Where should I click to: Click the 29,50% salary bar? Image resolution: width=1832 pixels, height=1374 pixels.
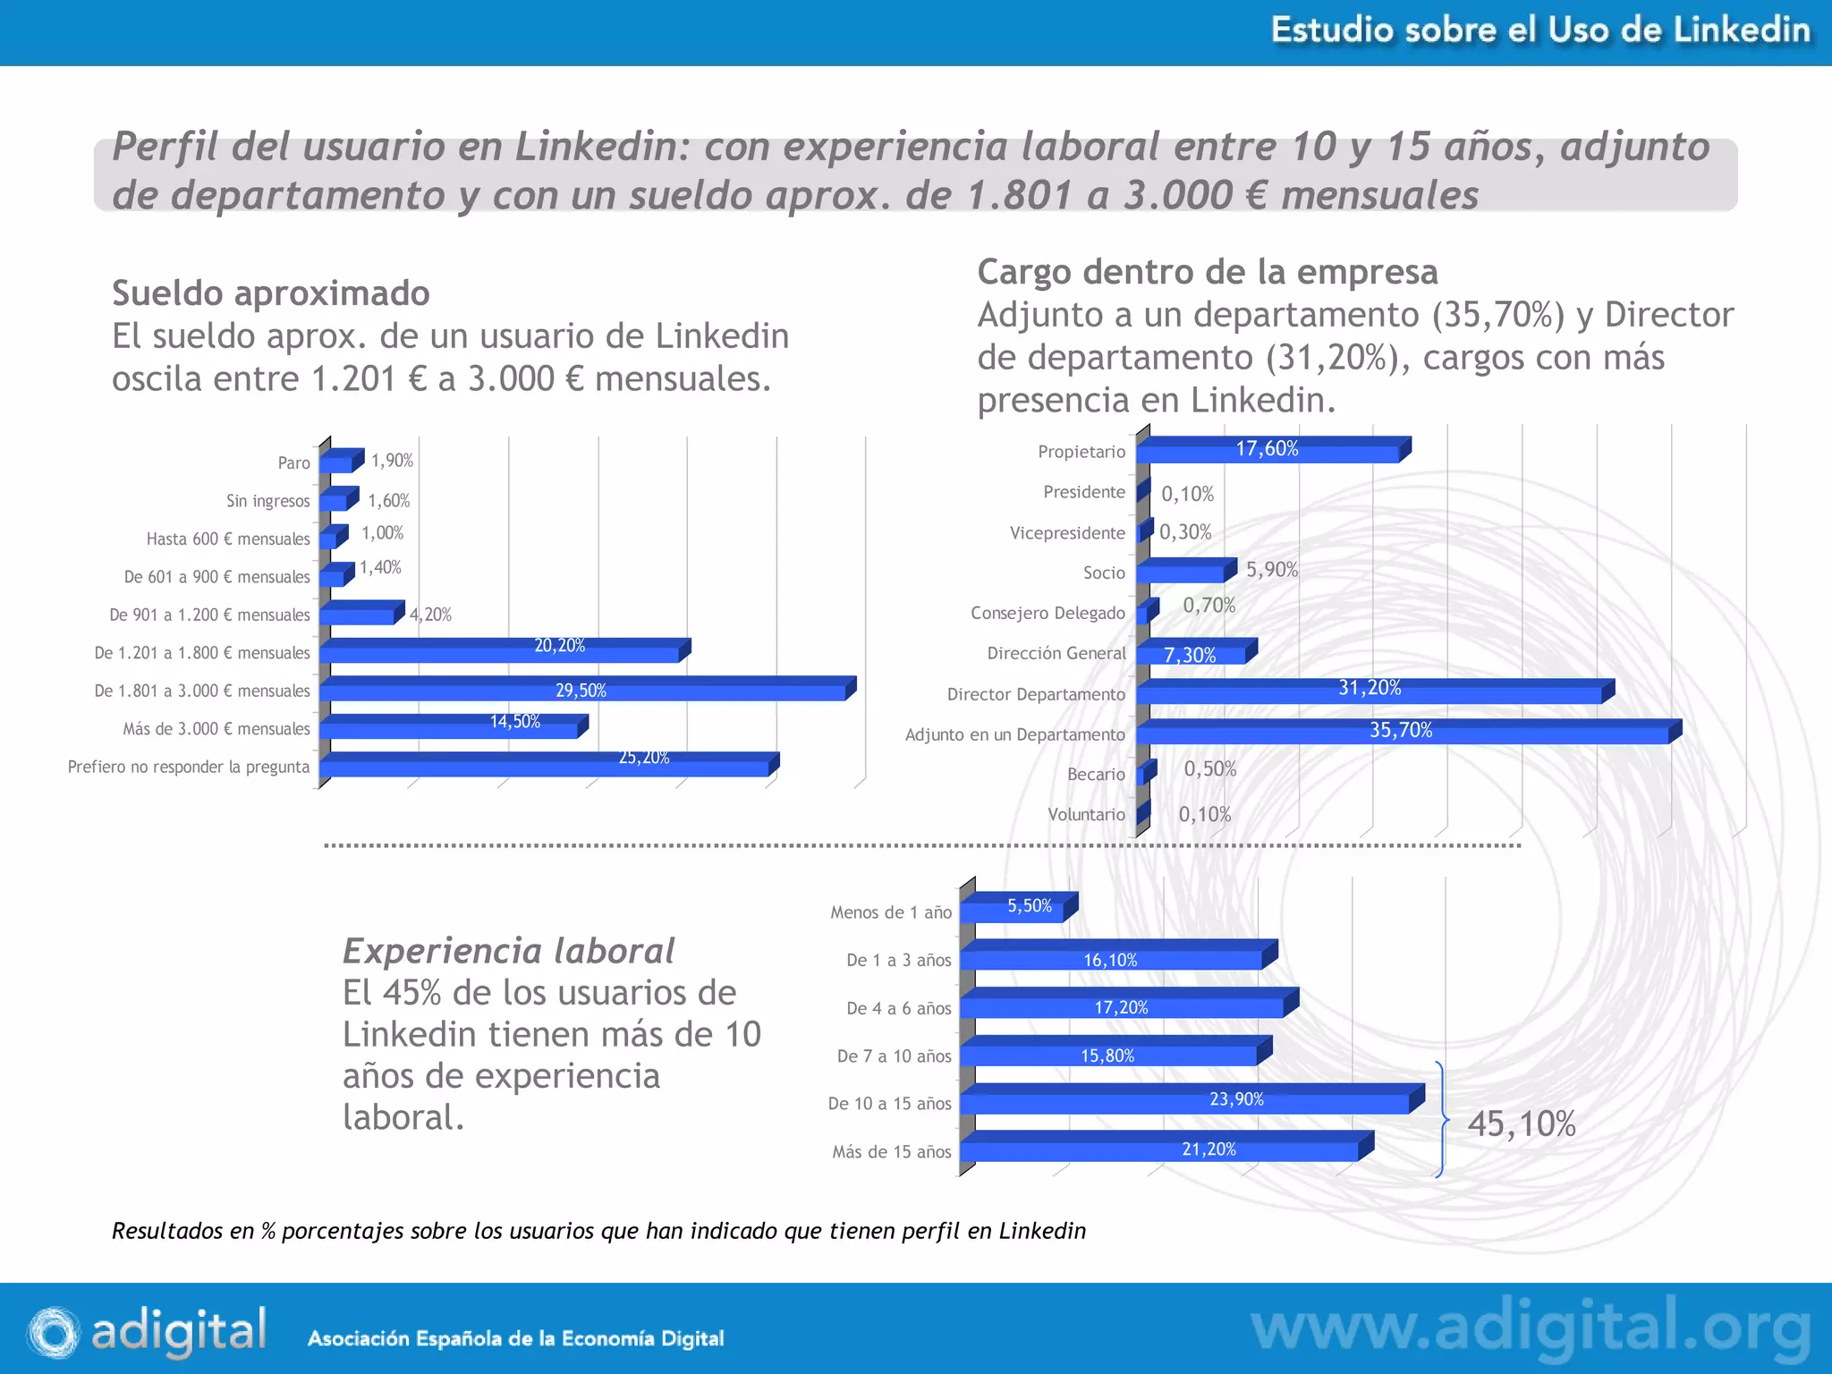(581, 691)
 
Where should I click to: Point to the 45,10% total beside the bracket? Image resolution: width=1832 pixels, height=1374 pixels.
(1521, 1124)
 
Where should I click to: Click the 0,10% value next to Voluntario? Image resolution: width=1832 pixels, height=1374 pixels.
(1204, 814)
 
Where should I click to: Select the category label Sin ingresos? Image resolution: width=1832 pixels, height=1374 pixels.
(267, 501)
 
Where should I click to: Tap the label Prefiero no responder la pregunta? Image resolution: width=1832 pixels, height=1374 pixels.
(189, 767)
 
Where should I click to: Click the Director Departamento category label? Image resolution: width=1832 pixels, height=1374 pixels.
(1036, 694)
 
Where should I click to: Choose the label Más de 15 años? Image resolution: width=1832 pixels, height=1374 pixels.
(891, 1151)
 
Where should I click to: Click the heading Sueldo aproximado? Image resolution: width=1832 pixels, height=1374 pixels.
(270, 293)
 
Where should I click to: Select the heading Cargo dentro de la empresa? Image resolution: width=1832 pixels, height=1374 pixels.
(1207, 272)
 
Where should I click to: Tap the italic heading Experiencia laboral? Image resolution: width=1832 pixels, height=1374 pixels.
(508, 951)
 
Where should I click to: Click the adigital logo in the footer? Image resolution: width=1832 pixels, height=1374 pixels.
(148, 1330)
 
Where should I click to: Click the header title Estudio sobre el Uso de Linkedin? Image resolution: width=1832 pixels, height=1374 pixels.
(1539, 30)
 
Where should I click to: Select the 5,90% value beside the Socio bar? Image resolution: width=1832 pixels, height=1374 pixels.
(1271, 570)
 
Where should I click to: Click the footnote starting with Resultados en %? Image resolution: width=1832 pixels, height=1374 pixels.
(598, 1231)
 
